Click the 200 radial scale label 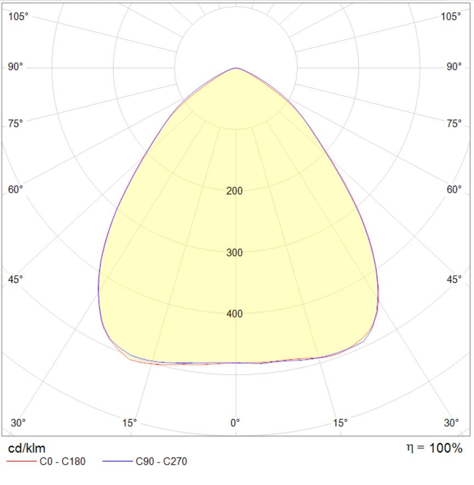pyautogui.click(x=234, y=191)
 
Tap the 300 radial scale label pyautogui.click(x=234, y=253)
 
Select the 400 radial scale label pyautogui.click(x=234, y=314)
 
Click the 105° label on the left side pyautogui.click(x=18, y=16)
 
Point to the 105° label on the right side pyautogui.click(x=451, y=16)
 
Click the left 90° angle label pyautogui.click(x=15, y=67)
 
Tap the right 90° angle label pyautogui.click(x=454, y=67)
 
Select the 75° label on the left pyautogui.click(x=15, y=124)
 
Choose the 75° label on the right pyautogui.click(x=454, y=124)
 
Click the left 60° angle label pyautogui.click(x=15, y=189)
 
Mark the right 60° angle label pyautogui.click(x=454, y=189)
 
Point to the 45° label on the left pyautogui.click(x=15, y=280)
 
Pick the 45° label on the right pyautogui.click(x=454, y=280)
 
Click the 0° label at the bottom pyautogui.click(x=235, y=423)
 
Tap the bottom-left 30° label pyautogui.click(x=18, y=423)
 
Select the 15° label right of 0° pyautogui.click(x=341, y=423)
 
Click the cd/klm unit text pyautogui.click(x=26, y=448)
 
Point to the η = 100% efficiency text pyautogui.click(x=434, y=448)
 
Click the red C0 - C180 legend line pyautogui.click(x=21, y=461)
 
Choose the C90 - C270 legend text pyautogui.click(x=161, y=461)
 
